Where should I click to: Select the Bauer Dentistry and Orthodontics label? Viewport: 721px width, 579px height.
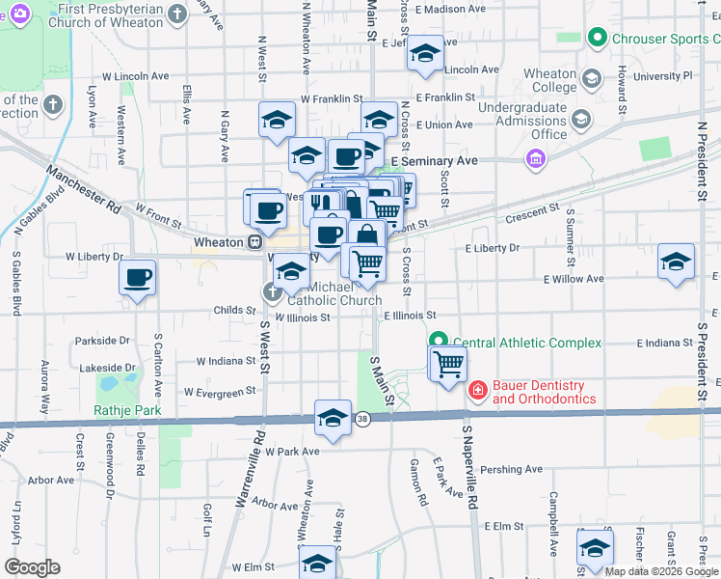pyautogui.click(x=544, y=391)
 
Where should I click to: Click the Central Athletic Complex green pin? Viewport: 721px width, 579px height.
pyautogui.click(x=438, y=343)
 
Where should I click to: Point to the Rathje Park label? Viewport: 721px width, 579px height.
pyautogui.click(x=127, y=410)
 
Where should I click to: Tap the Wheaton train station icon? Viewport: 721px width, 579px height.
pyautogui.click(x=255, y=242)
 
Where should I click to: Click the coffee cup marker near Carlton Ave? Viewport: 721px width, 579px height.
pyautogui.click(x=137, y=278)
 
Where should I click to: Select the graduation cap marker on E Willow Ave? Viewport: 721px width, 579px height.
pyautogui.click(x=677, y=261)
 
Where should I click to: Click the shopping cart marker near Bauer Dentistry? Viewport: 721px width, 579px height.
pyautogui.click(x=448, y=365)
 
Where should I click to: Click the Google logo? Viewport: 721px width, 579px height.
pyautogui.click(x=32, y=567)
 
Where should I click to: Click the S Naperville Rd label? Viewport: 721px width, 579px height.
pyautogui.click(x=470, y=471)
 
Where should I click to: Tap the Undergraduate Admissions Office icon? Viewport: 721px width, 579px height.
pyautogui.click(x=581, y=120)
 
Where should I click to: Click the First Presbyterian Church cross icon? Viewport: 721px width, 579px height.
pyautogui.click(x=176, y=14)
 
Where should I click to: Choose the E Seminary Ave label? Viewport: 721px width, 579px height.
pyautogui.click(x=434, y=160)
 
